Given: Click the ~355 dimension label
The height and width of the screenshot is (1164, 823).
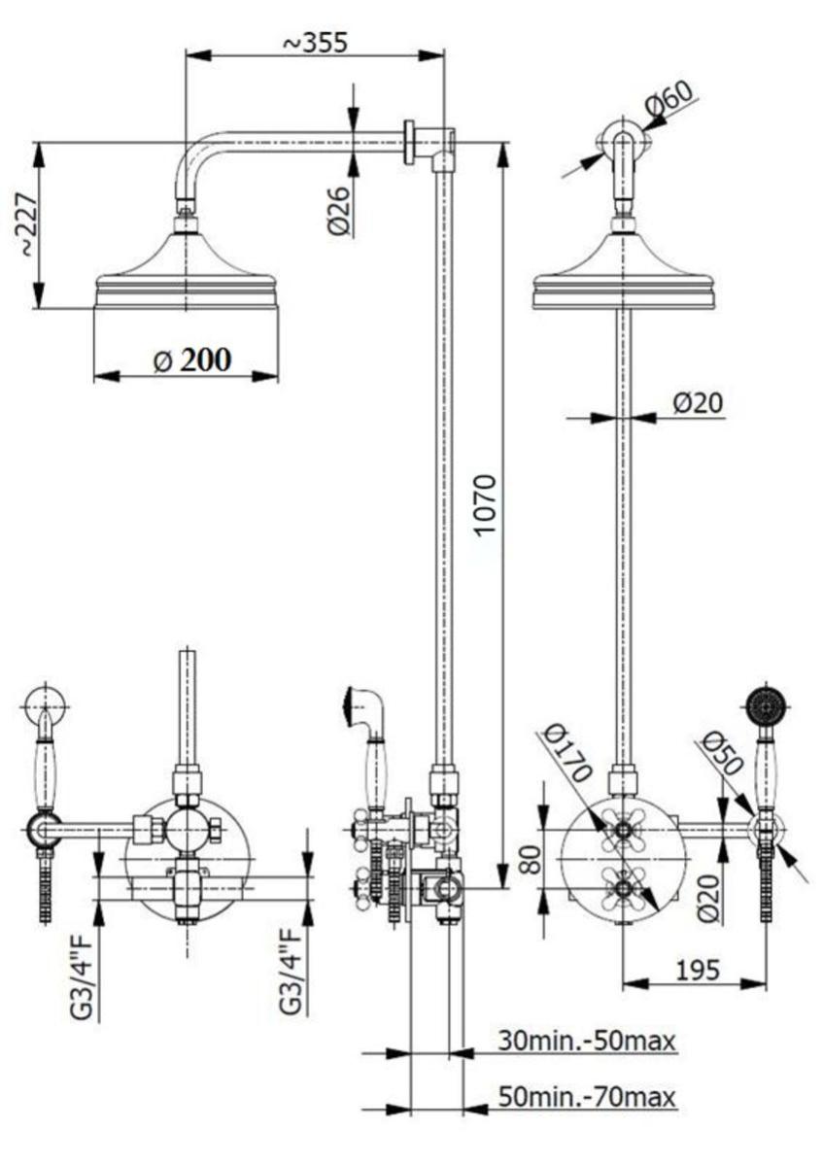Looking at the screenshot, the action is coord(316,43).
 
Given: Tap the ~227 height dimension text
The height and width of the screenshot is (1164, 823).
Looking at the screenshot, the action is coord(26,225).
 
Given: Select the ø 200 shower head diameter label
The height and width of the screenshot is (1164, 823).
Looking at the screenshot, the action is coord(192,360).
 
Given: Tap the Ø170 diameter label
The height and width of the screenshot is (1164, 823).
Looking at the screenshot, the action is coord(567,753).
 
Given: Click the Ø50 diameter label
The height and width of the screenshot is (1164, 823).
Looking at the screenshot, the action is coord(721,753).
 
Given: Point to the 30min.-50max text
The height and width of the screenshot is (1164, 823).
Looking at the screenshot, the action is coord(586,1041).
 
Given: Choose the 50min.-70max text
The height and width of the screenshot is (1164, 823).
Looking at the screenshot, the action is coord(586,1096).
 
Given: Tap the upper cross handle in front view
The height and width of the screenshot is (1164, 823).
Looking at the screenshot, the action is coord(622,830).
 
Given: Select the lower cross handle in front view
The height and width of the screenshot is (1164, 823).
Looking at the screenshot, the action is coord(622,886).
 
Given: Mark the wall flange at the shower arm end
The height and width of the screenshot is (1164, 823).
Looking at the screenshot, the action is coord(409,142).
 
